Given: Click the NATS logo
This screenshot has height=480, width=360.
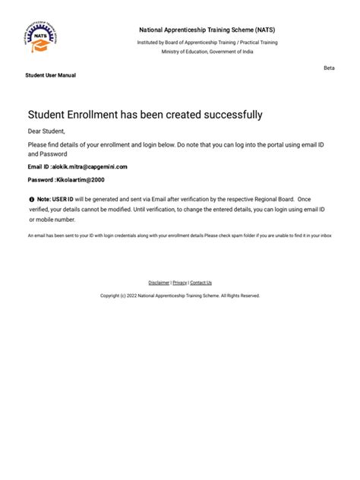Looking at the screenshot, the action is tap(45, 39).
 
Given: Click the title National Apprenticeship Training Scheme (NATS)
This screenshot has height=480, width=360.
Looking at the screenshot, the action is tap(207, 29).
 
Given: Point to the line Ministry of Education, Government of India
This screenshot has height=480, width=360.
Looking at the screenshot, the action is tap(207, 52).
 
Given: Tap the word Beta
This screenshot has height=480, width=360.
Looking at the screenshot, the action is tap(329, 68).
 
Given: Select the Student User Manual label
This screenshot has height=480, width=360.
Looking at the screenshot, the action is tap(50, 75).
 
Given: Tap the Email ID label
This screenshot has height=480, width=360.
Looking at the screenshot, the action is tap(38, 166).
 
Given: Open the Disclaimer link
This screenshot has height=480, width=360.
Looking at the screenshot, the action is tap(159, 283).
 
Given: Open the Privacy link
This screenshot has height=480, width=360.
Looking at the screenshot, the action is tap(179, 283).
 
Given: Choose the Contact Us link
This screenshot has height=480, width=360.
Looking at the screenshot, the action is tap(201, 283).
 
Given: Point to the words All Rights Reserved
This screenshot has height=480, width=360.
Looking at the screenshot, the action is tap(241, 295).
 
